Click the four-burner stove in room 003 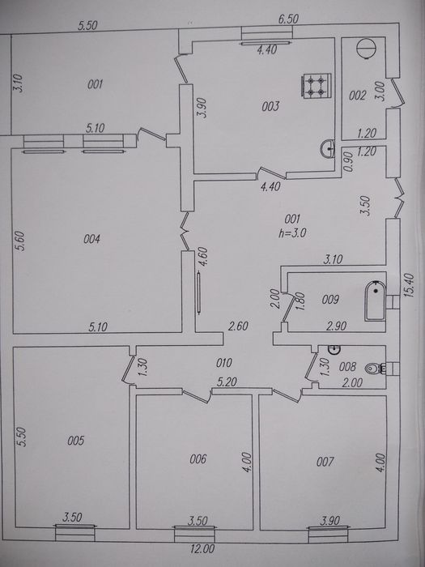(317, 86)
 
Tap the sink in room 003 (327, 148)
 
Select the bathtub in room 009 (376, 301)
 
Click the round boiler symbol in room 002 (366, 48)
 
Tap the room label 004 (91, 239)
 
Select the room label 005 (76, 441)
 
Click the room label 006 (198, 459)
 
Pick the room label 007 (325, 462)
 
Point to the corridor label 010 (223, 363)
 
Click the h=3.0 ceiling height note (292, 233)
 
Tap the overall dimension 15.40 (410, 285)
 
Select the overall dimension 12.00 (202, 549)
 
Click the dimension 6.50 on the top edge (288, 19)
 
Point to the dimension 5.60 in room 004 (22, 241)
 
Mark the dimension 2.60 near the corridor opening (238, 326)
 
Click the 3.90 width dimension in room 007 (330, 521)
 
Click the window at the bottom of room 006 (194, 534)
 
